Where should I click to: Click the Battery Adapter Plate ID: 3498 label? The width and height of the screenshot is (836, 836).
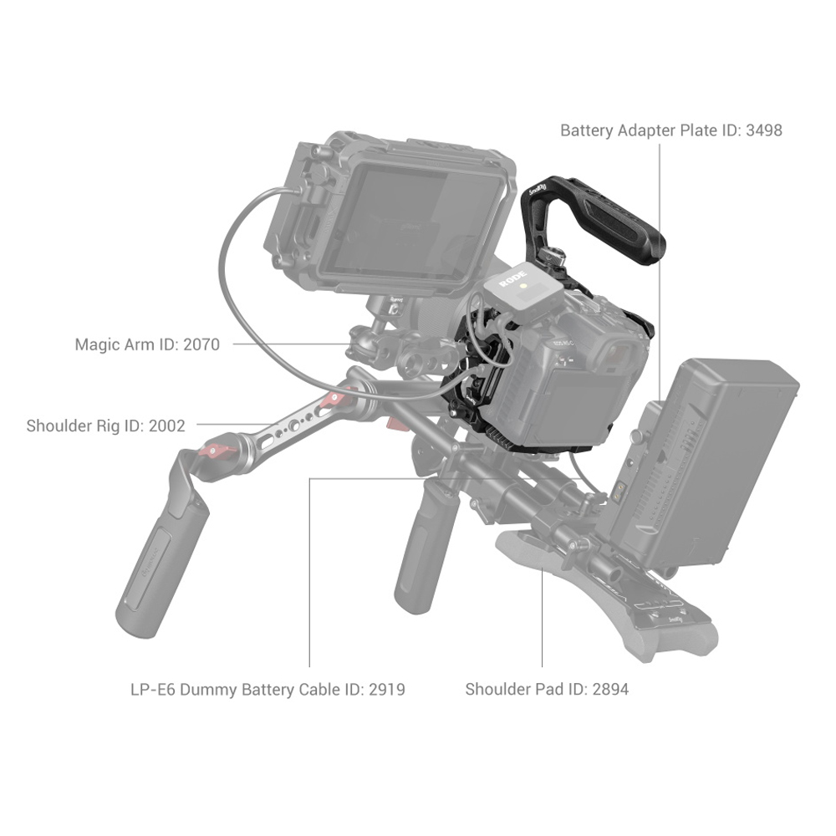click(x=671, y=130)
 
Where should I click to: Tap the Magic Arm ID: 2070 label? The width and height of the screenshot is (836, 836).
click(x=147, y=344)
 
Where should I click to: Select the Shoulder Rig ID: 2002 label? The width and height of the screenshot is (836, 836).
click(x=105, y=426)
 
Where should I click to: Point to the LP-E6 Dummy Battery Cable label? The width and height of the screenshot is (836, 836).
click(x=268, y=690)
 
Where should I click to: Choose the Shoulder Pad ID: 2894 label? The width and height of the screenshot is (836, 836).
click(x=547, y=690)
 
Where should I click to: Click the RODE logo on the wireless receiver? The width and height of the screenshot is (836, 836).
click(x=513, y=278)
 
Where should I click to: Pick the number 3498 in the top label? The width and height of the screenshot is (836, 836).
click(x=764, y=130)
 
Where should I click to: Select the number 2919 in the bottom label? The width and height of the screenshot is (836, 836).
click(x=387, y=690)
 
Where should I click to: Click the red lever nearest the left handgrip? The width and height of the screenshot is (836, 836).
click(x=217, y=451)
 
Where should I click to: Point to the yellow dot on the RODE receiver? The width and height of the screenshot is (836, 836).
click(x=524, y=286)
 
